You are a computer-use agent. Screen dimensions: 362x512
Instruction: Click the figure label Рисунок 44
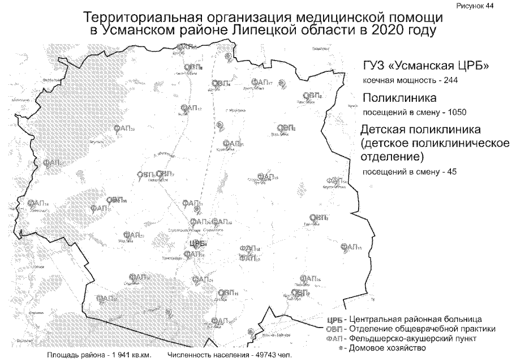[x=484, y=5]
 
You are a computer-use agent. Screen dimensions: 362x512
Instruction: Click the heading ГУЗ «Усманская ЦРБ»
[x=426, y=66]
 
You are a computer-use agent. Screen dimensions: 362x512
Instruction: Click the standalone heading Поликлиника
[x=403, y=97]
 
